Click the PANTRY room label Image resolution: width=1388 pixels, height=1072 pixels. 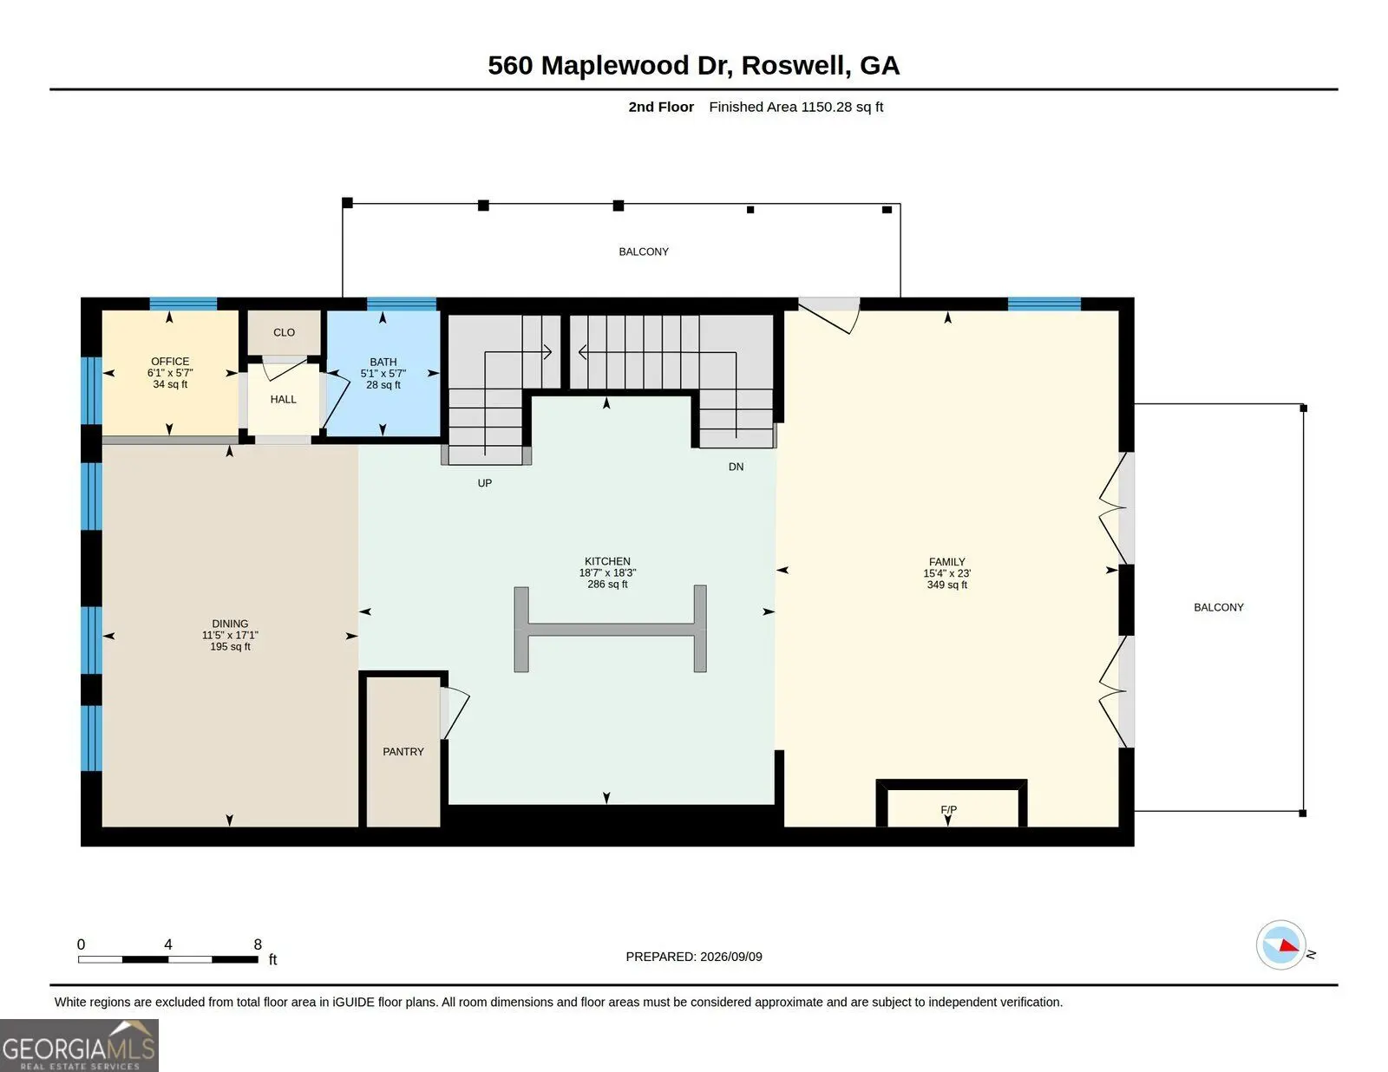[403, 751]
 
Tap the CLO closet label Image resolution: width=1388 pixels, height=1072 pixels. [285, 332]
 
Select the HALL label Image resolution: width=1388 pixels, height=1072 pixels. [283, 399]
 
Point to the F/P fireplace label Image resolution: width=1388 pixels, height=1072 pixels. [948, 809]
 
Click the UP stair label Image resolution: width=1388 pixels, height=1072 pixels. [485, 483]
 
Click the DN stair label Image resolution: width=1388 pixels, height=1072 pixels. [736, 467]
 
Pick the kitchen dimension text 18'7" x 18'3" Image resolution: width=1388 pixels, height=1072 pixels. [607, 572]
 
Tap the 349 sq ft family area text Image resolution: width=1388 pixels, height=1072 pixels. [947, 585]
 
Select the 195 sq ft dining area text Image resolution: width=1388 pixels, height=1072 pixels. [230, 646]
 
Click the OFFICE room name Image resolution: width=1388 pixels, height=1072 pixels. [170, 362]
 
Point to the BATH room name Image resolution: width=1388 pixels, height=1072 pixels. [383, 362]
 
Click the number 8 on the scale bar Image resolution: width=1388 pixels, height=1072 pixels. [258, 945]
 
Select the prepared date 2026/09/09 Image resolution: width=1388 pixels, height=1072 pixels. [730, 957]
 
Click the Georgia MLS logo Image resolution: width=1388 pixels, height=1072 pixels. [79, 1045]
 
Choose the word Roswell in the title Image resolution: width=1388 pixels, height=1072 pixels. [795, 65]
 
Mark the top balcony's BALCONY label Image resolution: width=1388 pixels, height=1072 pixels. [643, 252]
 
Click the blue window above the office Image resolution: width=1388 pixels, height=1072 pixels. [183, 304]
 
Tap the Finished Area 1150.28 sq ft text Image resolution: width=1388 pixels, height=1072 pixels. [795, 107]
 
